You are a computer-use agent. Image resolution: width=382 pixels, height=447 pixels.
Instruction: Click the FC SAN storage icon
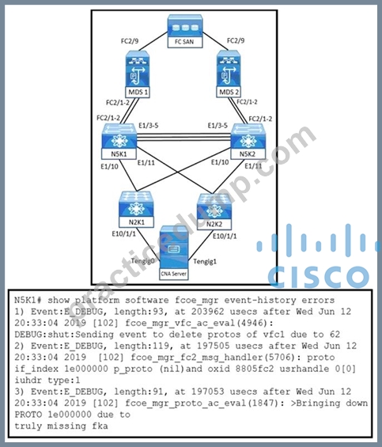tap(185, 31)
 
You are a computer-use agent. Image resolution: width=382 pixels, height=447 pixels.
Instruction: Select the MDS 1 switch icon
tap(138, 74)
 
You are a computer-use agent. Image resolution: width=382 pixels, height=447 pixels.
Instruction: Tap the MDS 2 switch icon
tap(229, 74)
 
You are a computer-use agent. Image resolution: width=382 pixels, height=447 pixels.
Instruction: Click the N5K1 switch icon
tap(119, 142)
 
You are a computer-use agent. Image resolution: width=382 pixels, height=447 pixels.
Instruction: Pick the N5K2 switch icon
tap(248, 142)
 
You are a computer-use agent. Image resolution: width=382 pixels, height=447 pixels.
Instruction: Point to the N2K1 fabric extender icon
tap(136, 210)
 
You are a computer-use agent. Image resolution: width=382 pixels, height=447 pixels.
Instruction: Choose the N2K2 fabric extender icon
tap(214, 212)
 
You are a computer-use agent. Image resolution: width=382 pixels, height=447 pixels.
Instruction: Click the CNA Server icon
tap(174, 253)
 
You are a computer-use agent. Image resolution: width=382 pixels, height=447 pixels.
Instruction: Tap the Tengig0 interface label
tap(142, 261)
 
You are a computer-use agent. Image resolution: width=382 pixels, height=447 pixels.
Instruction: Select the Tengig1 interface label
tap(205, 261)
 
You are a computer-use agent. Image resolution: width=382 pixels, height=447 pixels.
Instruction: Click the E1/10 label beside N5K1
tap(109, 166)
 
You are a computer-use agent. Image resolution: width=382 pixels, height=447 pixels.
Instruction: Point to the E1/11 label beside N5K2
tap(253, 165)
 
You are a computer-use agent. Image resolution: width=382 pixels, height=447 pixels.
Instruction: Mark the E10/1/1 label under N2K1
tap(123, 234)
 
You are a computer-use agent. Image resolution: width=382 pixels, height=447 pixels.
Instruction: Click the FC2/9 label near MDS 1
tap(130, 41)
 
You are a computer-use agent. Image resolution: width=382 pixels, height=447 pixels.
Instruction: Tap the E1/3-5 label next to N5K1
tap(149, 126)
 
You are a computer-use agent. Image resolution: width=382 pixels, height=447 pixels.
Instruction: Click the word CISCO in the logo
tap(319, 277)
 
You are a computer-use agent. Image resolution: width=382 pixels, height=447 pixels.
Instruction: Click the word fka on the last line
tap(100, 426)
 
